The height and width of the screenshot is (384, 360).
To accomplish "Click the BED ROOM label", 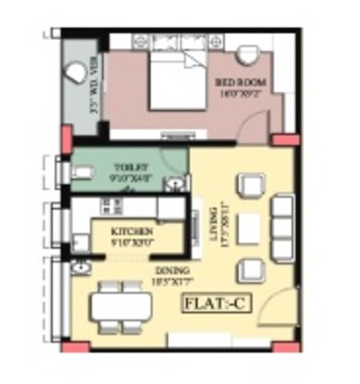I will pyautogui.click(x=241, y=81).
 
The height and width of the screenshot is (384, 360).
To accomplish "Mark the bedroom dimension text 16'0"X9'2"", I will pyautogui.click(x=241, y=91).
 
